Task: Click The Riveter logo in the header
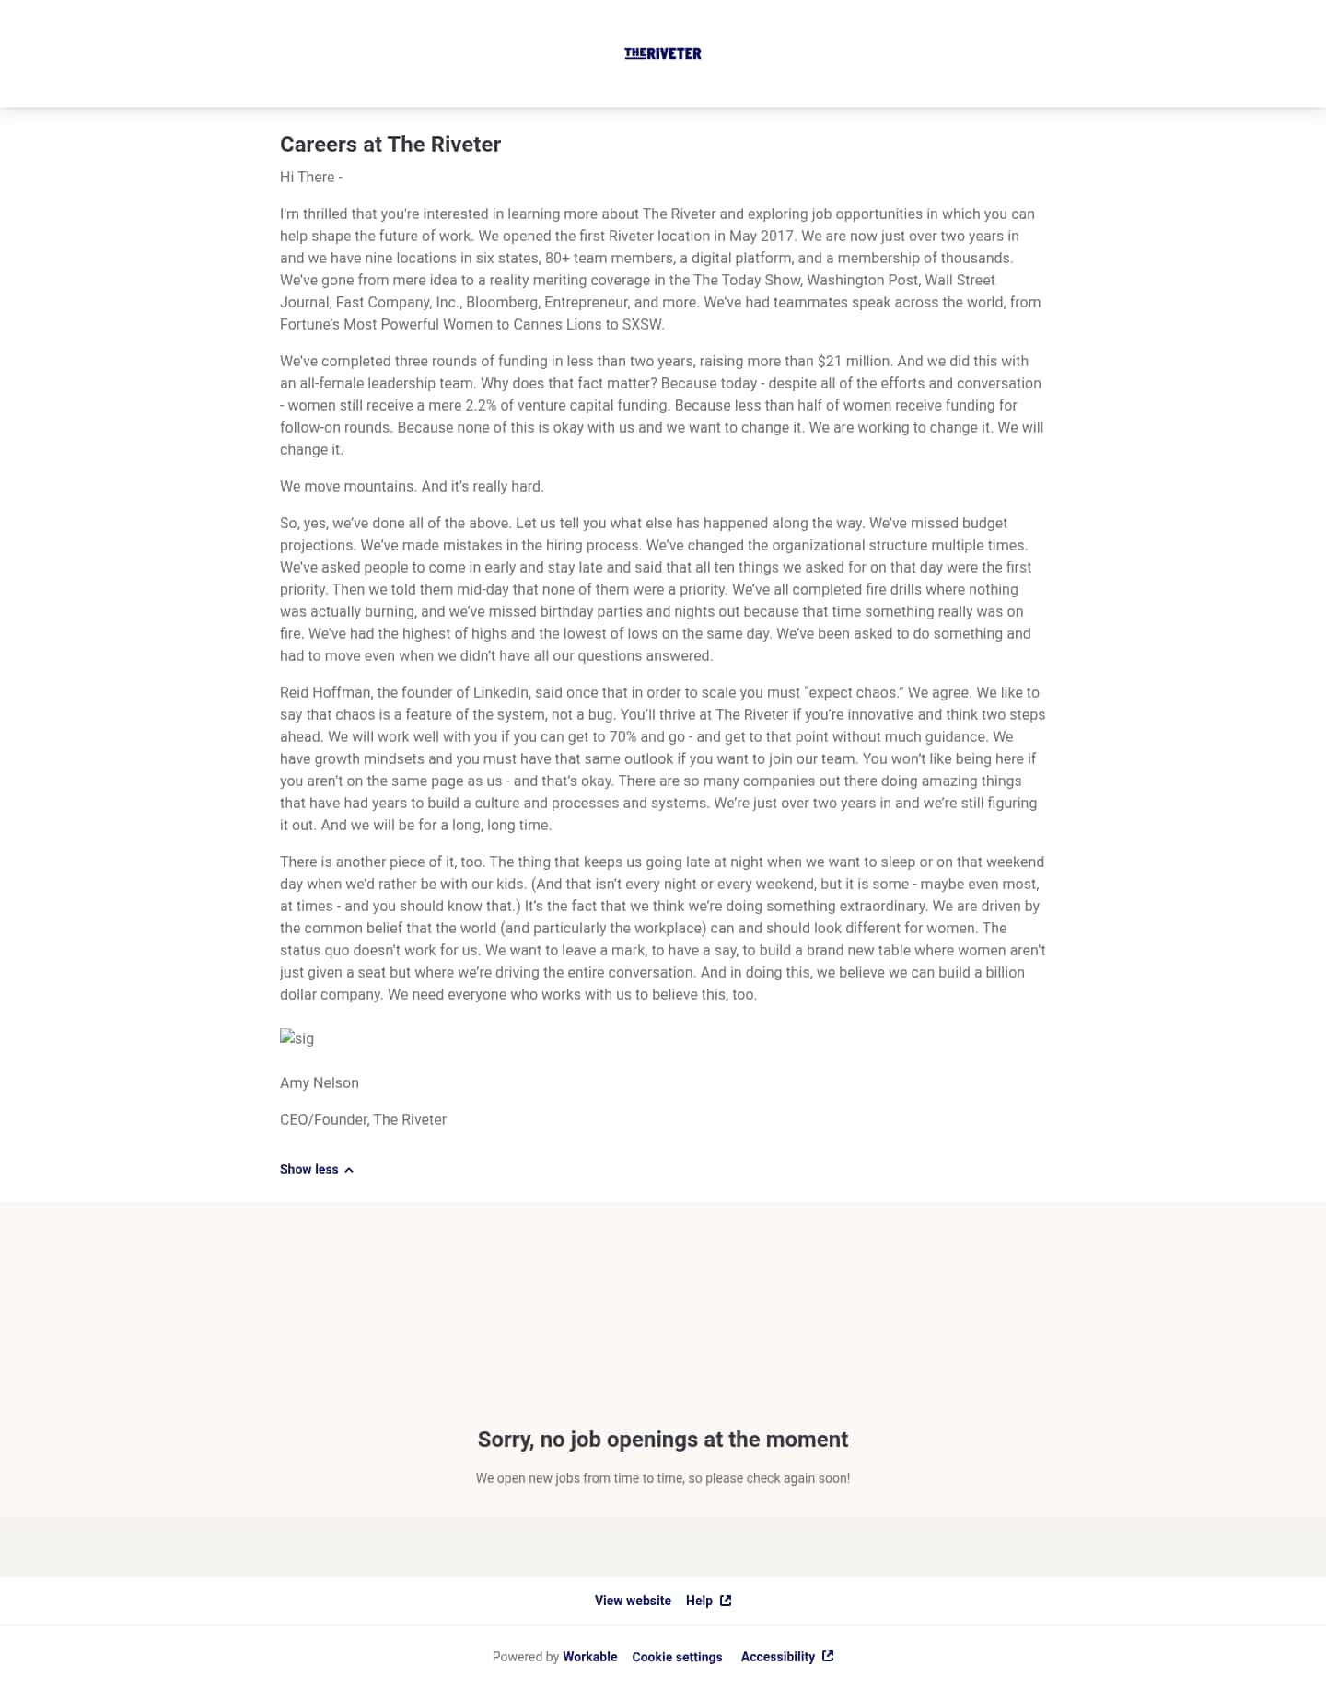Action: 663,53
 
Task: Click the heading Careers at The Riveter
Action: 390,145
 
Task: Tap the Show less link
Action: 309,1169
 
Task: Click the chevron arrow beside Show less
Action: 349,1170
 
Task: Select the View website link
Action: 633,1601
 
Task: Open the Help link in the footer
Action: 700,1601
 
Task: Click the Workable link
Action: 590,1657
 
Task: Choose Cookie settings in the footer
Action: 677,1657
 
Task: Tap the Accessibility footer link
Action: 778,1657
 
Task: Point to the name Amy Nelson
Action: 320,1082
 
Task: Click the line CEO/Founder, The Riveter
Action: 363,1119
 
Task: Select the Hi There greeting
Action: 311,177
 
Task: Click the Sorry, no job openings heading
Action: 663,1440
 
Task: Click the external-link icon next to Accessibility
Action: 828,1656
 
